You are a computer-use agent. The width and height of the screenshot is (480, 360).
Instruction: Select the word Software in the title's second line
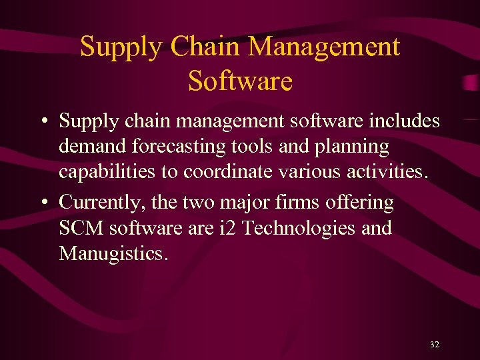click(x=240, y=81)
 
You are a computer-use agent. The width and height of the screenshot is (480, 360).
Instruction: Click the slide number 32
click(x=435, y=345)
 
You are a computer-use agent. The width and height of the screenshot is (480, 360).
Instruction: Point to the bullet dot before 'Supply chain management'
click(x=43, y=122)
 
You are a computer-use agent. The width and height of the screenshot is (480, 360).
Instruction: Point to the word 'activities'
click(x=379, y=172)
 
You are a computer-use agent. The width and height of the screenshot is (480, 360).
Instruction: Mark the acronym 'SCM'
click(x=81, y=228)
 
